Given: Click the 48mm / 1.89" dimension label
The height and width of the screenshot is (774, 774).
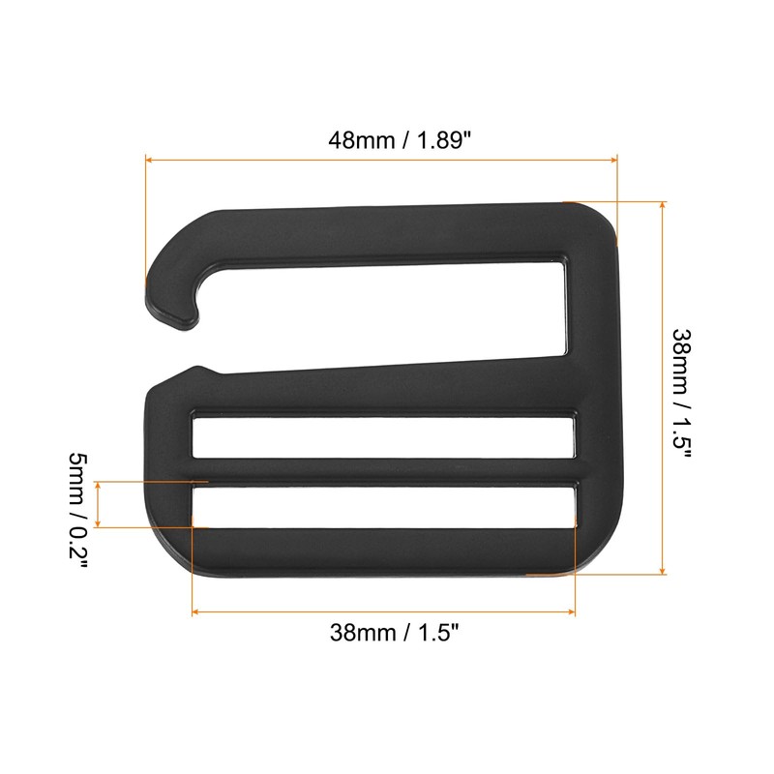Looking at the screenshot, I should tap(400, 139).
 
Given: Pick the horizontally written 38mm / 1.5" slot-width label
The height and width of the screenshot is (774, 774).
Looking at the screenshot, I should tap(394, 634).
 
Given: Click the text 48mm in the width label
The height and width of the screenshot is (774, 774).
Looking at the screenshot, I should tap(356, 139).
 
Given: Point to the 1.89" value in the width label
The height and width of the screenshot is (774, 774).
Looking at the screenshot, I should tap(443, 139).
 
